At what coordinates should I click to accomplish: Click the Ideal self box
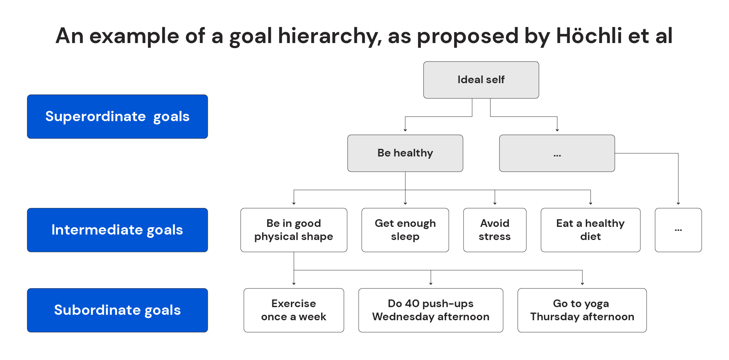[481, 80]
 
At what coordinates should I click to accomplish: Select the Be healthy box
[405, 153]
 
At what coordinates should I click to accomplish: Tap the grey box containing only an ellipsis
[557, 153]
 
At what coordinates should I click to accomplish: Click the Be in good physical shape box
[293, 230]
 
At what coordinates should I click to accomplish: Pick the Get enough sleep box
[405, 230]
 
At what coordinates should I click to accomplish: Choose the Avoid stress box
[495, 230]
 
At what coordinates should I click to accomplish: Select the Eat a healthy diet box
[590, 230]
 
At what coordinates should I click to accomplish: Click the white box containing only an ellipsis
[678, 230]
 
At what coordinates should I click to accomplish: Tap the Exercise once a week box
[293, 310]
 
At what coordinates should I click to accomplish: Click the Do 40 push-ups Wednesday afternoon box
[430, 310]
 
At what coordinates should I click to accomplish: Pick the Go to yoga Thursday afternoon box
[582, 310]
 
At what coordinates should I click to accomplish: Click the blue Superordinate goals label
[117, 117]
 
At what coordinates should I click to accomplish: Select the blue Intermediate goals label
[117, 230]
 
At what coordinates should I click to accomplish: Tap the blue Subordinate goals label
[117, 310]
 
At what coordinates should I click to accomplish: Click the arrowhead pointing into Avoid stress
[495, 203]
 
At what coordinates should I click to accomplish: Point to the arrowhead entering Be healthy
[405, 130]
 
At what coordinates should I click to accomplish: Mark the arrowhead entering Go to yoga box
[582, 283]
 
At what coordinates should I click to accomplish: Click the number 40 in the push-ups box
[412, 303]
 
